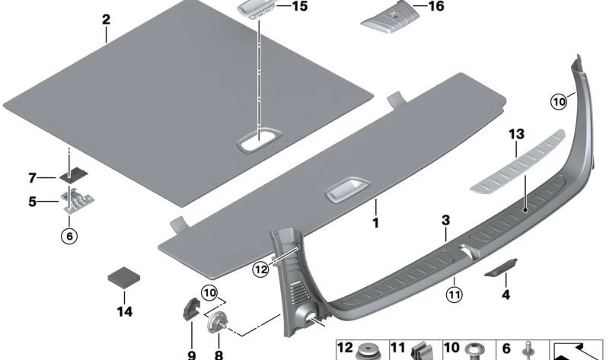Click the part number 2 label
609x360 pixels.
tap(106, 20)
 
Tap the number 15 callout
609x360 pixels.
tap(299, 6)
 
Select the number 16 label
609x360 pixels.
tap(435, 6)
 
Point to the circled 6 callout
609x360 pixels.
tap(69, 236)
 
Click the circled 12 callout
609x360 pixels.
tap(260, 269)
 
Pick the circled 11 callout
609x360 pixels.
tap(454, 295)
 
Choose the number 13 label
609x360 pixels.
tap(517, 135)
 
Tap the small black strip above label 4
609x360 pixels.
tap(501, 268)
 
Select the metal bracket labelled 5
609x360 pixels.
tap(79, 201)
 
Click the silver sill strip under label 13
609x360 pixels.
tap(518, 161)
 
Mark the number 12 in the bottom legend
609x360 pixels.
tap(345, 348)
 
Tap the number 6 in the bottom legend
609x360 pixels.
tap(506, 349)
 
